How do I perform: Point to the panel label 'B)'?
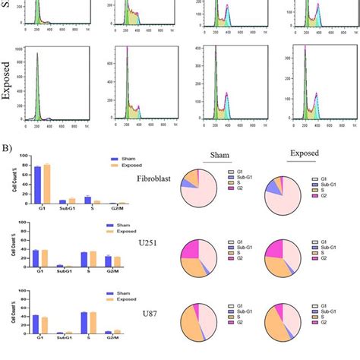[x=7, y=143]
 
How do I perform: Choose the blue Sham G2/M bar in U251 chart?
[x=108, y=262]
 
